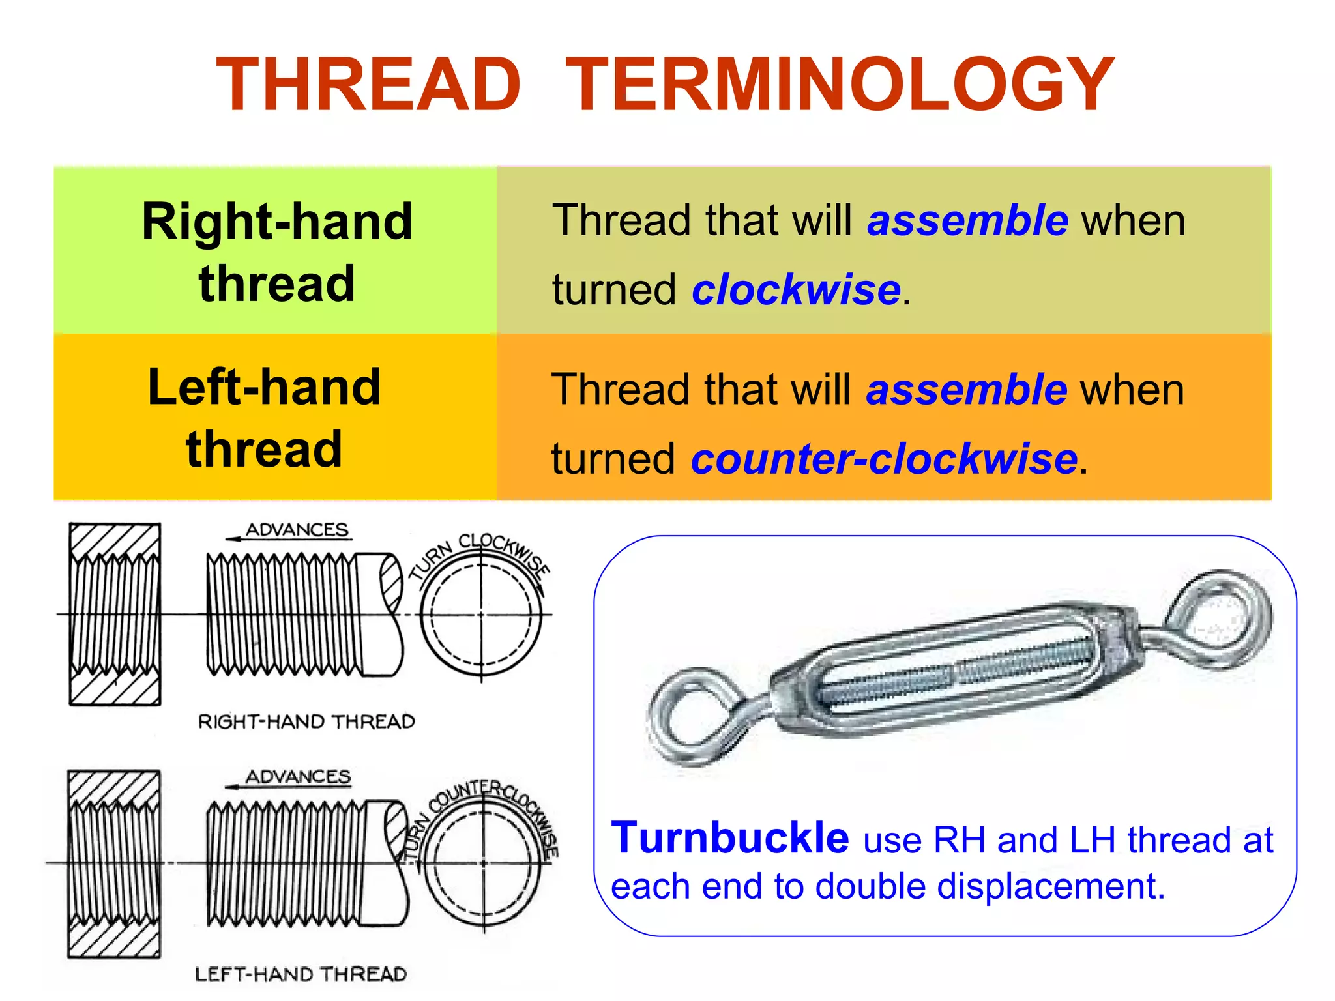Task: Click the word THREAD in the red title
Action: point(368,85)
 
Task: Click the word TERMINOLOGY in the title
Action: point(840,85)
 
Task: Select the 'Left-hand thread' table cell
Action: point(265,417)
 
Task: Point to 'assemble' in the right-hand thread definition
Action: point(967,220)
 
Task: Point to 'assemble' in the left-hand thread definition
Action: point(966,390)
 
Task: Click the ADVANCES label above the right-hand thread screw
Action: point(297,530)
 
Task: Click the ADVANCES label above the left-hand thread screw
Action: point(298,777)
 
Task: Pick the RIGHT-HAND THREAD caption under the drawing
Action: point(306,721)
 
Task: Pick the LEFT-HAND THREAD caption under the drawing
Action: point(301,974)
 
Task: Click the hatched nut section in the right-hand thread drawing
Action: point(115,614)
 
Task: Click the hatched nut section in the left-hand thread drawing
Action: point(114,863)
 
